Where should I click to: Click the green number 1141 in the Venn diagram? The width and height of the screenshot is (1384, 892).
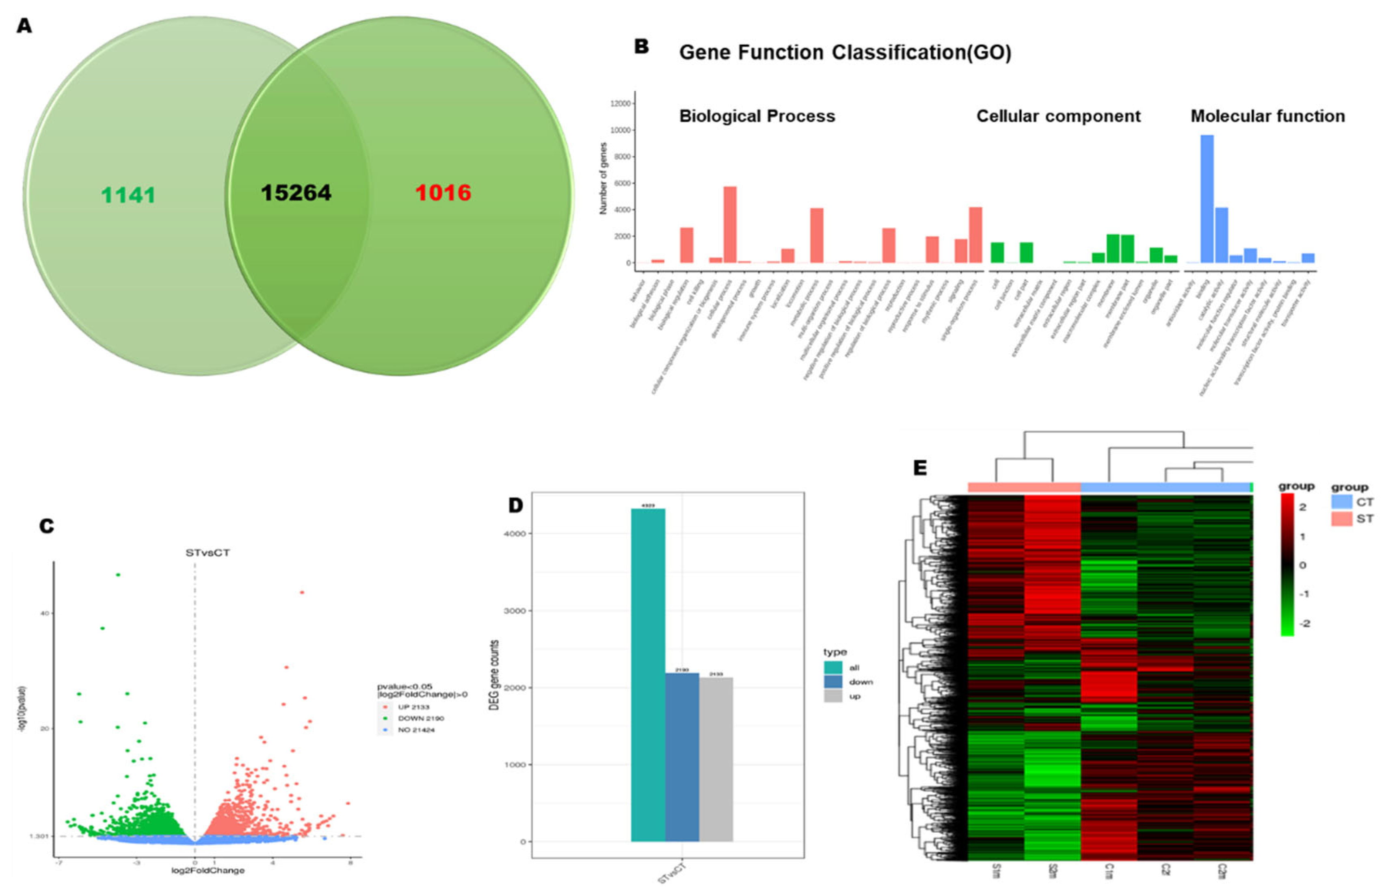click(x=128, y=195)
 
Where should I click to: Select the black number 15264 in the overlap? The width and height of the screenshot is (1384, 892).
click(x=296, y=193)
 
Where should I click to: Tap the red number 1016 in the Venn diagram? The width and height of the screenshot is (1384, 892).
click(x=443, y=193)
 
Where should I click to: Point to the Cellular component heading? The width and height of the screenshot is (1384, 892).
click(x=1058, y=117)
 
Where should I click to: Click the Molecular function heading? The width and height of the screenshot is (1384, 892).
click(x=1267, y=117)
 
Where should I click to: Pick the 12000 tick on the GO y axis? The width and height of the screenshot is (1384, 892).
click(x=621, y=104)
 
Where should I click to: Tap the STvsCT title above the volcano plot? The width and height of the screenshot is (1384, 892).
click(x=208, y=553)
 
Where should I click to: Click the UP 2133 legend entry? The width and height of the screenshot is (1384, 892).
click(x=413, y=707)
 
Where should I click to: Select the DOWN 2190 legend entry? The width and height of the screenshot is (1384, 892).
click(x=420, y=718)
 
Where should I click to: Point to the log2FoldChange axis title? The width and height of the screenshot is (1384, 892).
click(x=208, y=870)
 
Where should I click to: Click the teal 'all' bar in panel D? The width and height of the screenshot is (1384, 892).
click(x=648, y=675)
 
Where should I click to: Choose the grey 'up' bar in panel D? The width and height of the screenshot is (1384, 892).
click(x=716, y=759)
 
